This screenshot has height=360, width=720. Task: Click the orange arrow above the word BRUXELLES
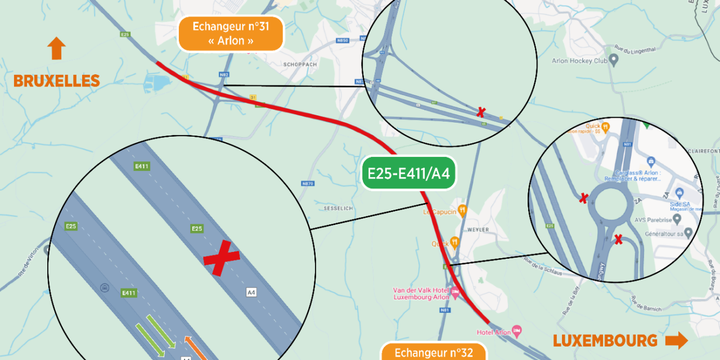tap(56, 48)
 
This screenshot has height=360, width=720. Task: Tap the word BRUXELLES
tap(56, 81)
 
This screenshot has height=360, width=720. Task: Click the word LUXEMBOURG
tap(605, 340)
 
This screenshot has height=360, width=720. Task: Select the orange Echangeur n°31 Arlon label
tap(231, 34)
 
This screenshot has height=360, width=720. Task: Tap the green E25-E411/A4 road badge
tap(408, 173)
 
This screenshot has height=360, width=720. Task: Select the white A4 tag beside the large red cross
tap(251, 292)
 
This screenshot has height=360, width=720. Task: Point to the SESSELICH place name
tap(338, 208)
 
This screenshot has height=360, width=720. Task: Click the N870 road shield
tap(307, 183)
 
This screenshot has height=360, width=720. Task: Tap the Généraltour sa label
tap(667, 233)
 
